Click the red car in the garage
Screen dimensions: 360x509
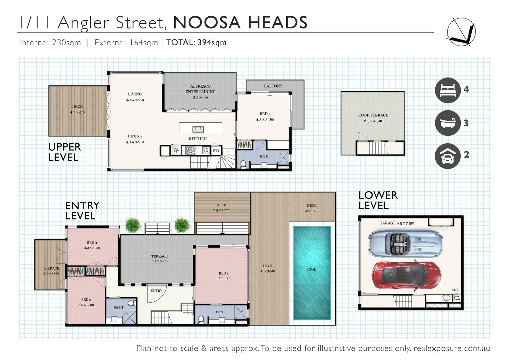(406, 275)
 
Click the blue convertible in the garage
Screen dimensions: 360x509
(405, 244)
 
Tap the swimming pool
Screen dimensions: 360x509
(312, 273)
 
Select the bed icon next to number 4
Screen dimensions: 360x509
(448, 90)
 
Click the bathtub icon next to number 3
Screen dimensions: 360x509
(448, 123)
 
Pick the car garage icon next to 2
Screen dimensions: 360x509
(448, 156)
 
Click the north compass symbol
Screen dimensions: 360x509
(461, 32)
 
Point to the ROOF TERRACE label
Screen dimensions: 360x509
(373, 115)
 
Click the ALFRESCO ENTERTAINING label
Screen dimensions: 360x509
(200, 89)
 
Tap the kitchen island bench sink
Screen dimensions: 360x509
(198, 129)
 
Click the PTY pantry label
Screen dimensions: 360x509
(216, 151)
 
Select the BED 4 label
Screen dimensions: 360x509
(265, 114)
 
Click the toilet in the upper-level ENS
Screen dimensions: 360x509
(243, 164)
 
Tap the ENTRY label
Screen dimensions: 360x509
(156, 291)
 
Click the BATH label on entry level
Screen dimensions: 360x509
(118, 307)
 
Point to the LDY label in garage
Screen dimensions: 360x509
(455, 290)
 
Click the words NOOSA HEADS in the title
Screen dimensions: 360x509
(240, 23)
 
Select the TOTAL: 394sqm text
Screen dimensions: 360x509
(196, 43)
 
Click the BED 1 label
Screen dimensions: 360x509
(223, 273)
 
